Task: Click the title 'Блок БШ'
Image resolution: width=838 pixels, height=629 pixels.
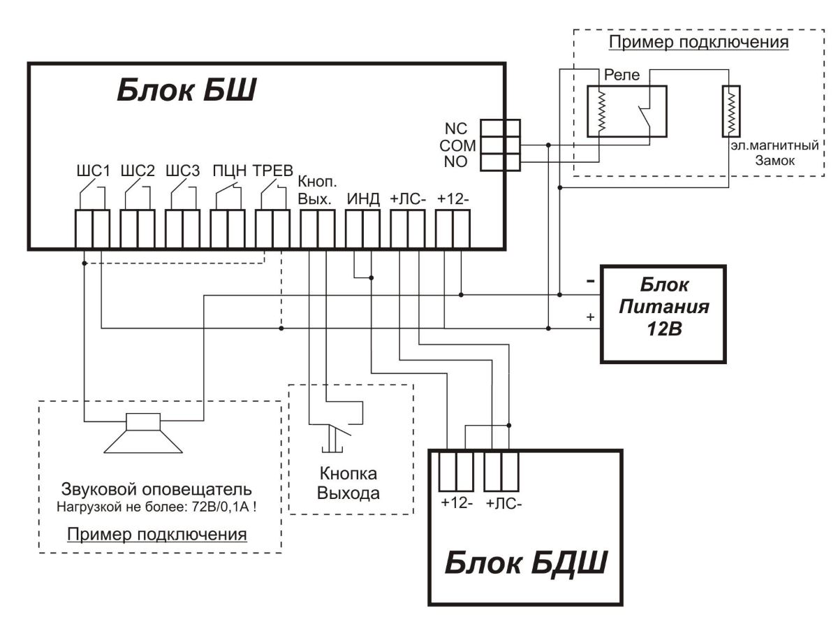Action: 186,91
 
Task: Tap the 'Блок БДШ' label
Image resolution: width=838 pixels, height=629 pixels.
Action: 525,564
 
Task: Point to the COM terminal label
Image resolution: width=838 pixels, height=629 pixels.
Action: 457,146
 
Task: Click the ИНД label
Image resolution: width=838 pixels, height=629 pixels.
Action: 363,199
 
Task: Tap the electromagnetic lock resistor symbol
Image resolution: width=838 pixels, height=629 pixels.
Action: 730,112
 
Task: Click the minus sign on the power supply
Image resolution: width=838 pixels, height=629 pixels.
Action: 591,281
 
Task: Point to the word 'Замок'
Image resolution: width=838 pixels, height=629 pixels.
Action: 771,161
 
